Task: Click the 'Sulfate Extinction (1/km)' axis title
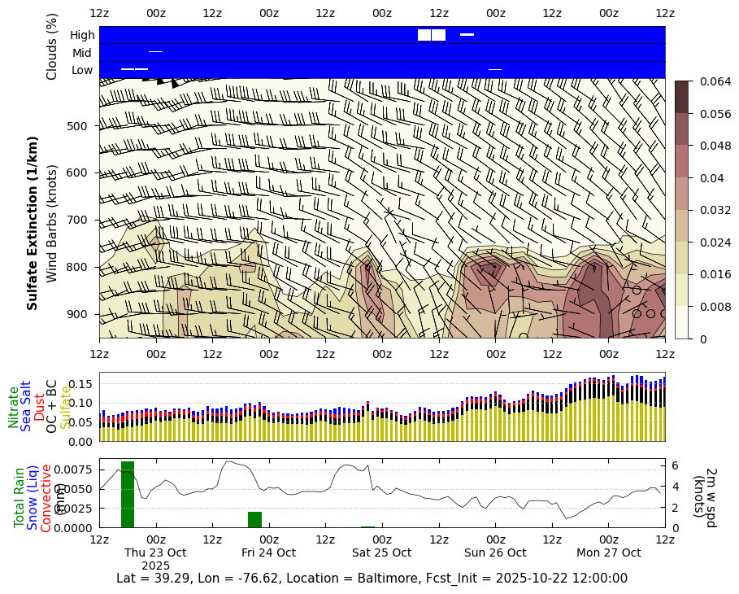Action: click(x=33, y=234)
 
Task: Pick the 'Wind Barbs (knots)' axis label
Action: click(x=52, y=224)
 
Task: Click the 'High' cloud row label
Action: click(x=82, y=35)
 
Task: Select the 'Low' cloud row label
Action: click(x=82, y=70)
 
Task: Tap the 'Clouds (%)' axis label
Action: click(x=52, y=46)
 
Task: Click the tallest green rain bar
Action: click(x=127, y=494)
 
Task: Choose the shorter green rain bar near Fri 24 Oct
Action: click(x=254, y=519)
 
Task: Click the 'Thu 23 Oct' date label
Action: click(x=155, y=553)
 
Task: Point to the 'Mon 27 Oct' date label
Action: click(x=608, y=553)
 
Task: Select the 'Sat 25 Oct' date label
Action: click(x=381, y=553)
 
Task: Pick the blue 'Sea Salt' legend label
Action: click(x=26, y=405)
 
